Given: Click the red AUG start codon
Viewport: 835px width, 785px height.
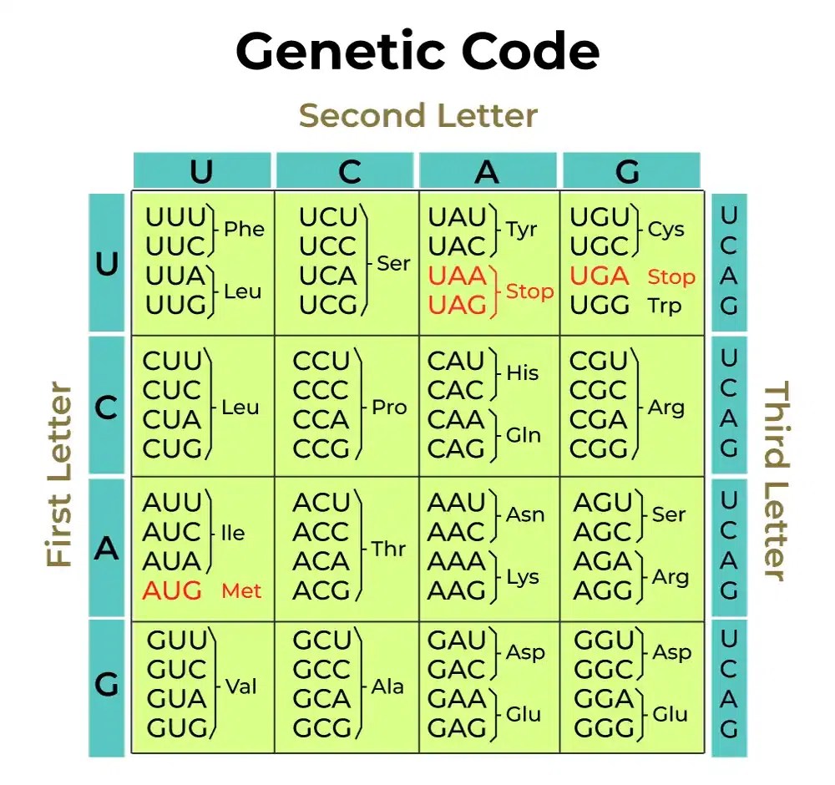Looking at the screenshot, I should [x=172, y=590].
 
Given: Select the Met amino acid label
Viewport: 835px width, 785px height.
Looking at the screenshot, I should [x=241, y=591].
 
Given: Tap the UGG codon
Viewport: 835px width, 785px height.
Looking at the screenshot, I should [x=600, y=306].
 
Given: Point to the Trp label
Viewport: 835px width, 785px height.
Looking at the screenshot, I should [x=665, y=306].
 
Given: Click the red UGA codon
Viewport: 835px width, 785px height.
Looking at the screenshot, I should [x=600, y=276].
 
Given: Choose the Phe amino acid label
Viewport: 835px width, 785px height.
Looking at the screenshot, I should [x=244, y=229].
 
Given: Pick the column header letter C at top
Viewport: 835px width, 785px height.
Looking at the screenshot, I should [x=349, y=171].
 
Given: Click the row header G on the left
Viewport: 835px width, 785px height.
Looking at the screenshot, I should [x=106, y=686].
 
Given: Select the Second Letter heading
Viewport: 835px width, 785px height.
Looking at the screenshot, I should [x=417, y=115].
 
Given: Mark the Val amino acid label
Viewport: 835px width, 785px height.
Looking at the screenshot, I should [x=241, y=686].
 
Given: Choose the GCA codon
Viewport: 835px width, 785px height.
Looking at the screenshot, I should [x=321, y=698].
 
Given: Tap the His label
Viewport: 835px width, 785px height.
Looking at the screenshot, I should [x=523, y=372].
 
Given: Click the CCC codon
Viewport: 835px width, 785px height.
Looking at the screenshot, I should [x=321, y=390].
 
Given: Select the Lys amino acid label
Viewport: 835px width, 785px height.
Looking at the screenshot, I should [x=523, y=577].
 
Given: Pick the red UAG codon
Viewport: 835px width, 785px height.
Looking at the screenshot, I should [x=457, y=306].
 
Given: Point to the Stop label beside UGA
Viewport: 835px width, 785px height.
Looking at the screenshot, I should [x=671, y=276].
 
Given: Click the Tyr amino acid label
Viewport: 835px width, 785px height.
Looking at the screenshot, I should [x=522, y=229].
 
